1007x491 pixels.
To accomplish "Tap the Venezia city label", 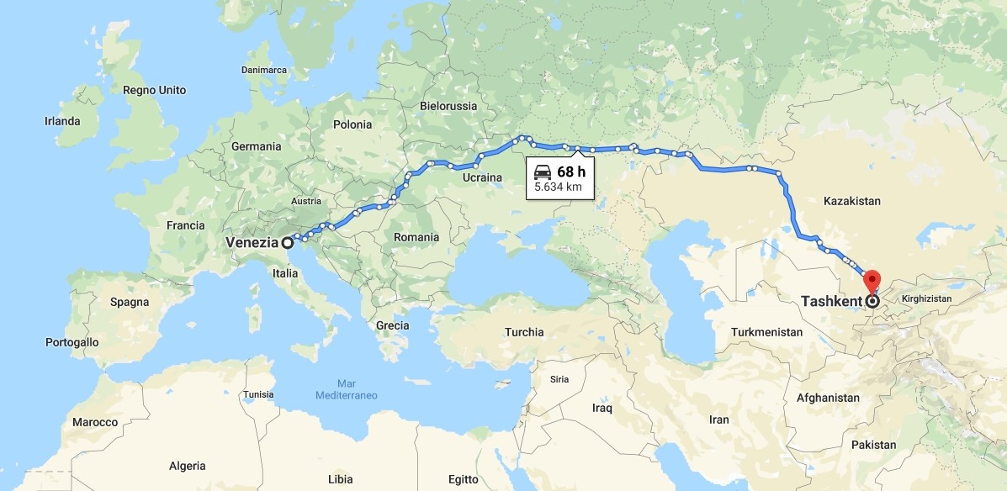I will click(252, 243).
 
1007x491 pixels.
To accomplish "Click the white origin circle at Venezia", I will click(288, 243).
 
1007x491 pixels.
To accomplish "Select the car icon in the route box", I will click(543, 172).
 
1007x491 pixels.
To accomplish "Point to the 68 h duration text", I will click(571, 172).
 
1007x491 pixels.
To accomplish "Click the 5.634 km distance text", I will click(559, 187).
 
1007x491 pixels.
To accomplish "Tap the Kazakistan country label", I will click(851, 201).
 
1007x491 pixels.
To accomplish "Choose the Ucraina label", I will click(482, 177).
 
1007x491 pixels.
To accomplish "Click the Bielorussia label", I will click(448, 106).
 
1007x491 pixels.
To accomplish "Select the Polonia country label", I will click(352, 124).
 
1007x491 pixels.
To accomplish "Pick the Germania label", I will click(257, 146).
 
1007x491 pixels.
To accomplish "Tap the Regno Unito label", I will click(154, 90).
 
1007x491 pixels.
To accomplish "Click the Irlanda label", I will click(62, 121).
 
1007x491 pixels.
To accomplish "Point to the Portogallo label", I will click(72, 342).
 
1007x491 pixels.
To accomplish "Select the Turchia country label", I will click(524, 332).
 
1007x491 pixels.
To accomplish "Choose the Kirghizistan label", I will click(925, 298).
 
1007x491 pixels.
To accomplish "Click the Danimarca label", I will click(264, 70).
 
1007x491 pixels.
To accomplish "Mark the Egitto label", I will click(464, 479).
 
